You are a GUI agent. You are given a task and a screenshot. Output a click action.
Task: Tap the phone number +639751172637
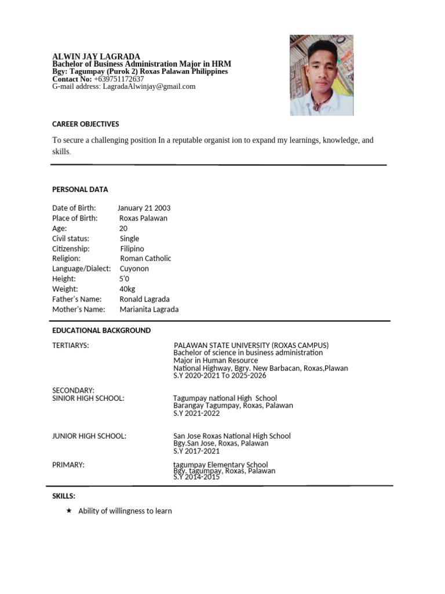pyautogui.click(x=119, y=79)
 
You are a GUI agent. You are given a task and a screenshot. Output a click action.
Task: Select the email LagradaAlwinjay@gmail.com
pyautogui.click(x=149, y=86)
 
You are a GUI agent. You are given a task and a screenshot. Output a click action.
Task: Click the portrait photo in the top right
pyautogui.click(x=322, y=75)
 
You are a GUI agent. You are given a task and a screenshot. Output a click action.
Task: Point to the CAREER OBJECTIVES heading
pyautogui.click(x=86, y=124)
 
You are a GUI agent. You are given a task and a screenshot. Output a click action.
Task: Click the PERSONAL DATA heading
pyautogui.click(x=80, y=189)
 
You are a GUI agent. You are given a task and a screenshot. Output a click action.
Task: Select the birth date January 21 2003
pyautogui.click(x=144, y=208)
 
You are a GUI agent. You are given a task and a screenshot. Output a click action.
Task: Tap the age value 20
pyautogui.click(x=123, y=229)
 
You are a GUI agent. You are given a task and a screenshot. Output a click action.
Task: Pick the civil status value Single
pyautogui.click(x=129, y=238)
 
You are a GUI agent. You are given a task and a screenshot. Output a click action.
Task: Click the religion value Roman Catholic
pyautogui.click(x=145, y=259)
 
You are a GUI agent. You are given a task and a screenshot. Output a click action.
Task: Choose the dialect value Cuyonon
pyautogui.click(x=134, y=269)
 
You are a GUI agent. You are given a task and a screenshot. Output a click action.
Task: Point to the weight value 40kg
pyautogui.click(x=127, y=289)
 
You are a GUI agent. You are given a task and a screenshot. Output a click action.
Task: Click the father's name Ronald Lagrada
pyautogui.click(x=144, y=299)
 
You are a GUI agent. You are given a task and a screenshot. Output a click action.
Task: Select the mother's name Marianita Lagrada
pyautogui.click(x=149, y=309)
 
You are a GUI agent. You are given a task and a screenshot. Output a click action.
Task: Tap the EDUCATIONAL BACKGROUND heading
pyautogui.click(x=101, y=331)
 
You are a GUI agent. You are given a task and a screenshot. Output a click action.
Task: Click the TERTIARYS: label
pyautogui.click(x=71, y=346)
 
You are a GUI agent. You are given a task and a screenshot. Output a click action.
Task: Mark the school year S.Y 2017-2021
pyautogui.click(x=196, y=451)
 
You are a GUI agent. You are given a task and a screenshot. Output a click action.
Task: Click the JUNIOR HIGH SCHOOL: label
pyautogui.click(x=89, y=436)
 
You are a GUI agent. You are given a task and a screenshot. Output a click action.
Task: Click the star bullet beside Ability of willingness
pyautogui.click(x=69, y=510)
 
